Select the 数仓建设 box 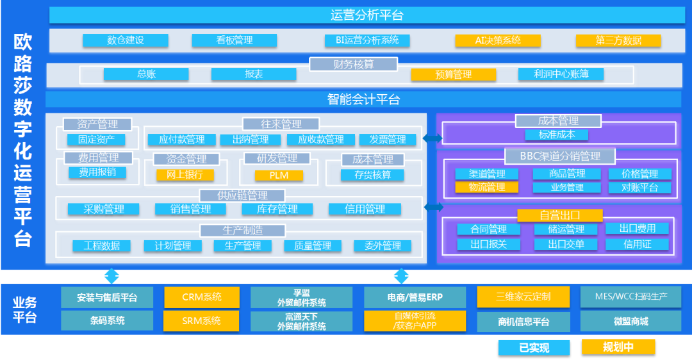126,40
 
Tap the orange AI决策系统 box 498,40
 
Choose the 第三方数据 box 618,40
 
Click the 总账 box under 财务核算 146,74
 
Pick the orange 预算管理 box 453,74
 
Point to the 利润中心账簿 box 561,74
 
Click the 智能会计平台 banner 363,99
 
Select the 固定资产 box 96,139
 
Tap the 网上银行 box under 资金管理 185,174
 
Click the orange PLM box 279,175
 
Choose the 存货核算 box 372,174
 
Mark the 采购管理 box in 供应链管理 104,209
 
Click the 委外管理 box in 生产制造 383,246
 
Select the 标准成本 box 557,135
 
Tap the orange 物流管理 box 487,187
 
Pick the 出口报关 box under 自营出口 488,244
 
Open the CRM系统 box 202,297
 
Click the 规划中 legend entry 618,347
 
